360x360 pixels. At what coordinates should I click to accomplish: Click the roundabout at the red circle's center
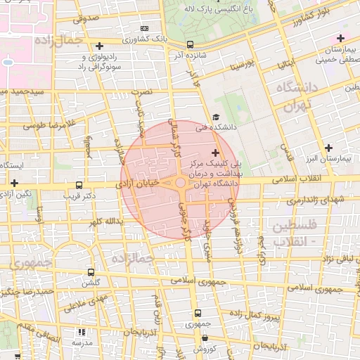pyautogui.click(x=180, y=183)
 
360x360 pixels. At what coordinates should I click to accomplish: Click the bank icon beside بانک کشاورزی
pyautogui.click(x=144, y=29)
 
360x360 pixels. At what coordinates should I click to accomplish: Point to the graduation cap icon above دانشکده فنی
pyautogui.click(x=216, y=117)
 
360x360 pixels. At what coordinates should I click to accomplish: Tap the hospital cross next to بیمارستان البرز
pyautogui.click(x=328, y=148)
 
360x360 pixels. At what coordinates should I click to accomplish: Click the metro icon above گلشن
pyautogui.click(x=90, y=272)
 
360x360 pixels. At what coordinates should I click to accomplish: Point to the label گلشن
pyautogui.click(x=90, y=283)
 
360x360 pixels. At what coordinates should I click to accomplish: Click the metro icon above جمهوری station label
pyautogui.click(x=198, y=314)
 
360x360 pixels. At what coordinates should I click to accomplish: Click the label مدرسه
pyautogui.click(x=82, y=342)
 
